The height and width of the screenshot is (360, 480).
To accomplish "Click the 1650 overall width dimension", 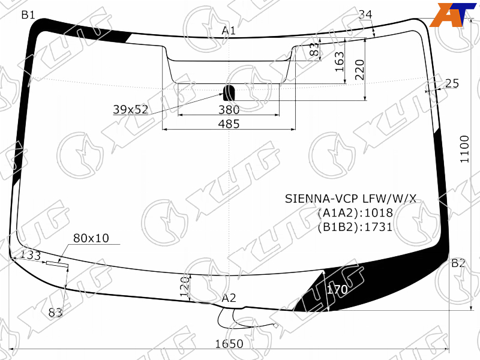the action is pyautogui.click(x=229, y=344).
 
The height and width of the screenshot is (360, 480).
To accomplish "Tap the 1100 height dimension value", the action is pyautogui.click(x=464, y=149).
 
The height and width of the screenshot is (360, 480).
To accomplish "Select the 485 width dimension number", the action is pyautogui.click(x=229, y=124).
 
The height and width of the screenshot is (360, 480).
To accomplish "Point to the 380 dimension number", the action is pyautogui.click(x=229, y=110).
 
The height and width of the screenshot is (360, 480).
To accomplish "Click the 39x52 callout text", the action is pyautogui.click(x=131, y=109).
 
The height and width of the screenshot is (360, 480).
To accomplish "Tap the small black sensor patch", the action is pyautogui.click(x=229, y=93).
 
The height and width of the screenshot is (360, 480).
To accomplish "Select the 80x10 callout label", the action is pyautogui.click(x=91, y=238).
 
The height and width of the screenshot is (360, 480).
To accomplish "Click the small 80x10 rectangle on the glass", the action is pyautogui.click(x=57, y=264).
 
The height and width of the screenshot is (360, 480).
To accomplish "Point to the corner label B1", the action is pyautogui.click(x=28, y=14).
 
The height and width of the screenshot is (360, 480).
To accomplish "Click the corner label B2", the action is pyautogui.click(x=458, y=263).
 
